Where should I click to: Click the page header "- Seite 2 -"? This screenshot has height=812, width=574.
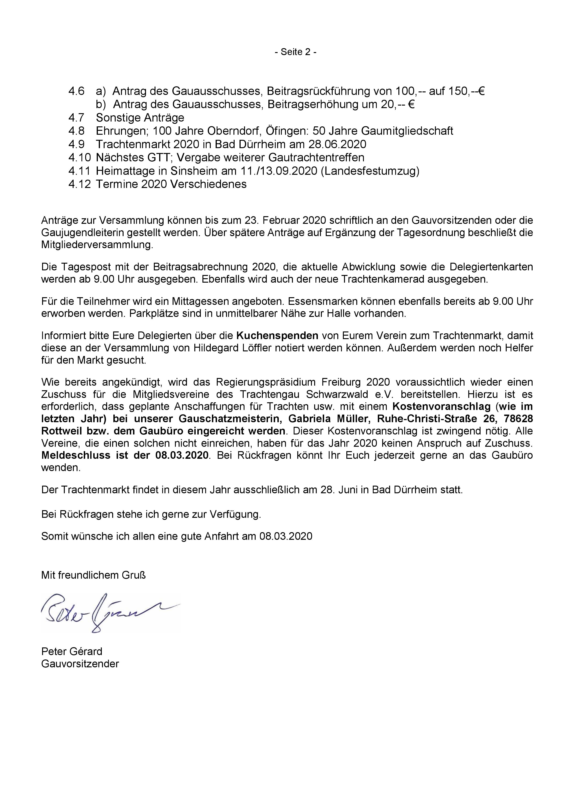[x=295, y=52]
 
